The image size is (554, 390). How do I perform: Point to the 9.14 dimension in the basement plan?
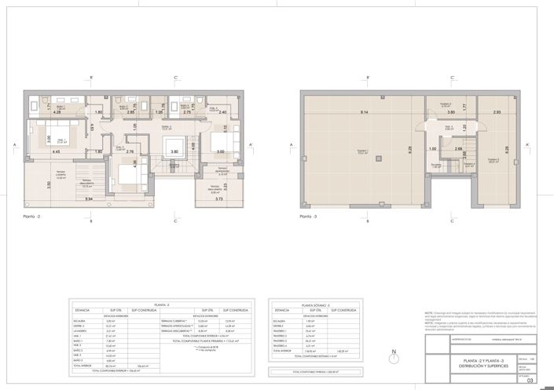(363, 113)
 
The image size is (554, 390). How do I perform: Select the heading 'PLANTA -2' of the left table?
(162, 303)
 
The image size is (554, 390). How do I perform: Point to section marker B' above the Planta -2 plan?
(92, 78)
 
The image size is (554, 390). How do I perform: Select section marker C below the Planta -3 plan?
(452, 222)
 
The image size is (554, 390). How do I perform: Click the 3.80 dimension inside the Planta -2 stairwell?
(175, 151)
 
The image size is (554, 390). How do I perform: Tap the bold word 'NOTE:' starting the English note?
(428, 312)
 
